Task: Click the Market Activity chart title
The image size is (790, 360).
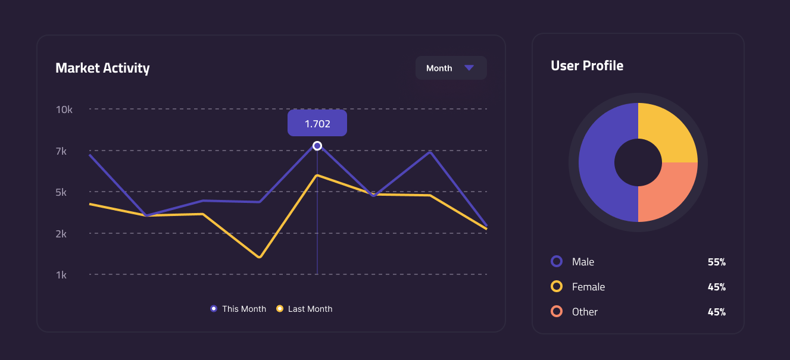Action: (102, 68)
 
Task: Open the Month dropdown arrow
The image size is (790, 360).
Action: (469, 68)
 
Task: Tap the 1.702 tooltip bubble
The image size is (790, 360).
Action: (317, 123)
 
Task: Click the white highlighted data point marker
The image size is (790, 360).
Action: (317, 146)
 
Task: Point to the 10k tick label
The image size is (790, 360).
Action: (64, 109)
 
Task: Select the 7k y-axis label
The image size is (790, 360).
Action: (61, 151)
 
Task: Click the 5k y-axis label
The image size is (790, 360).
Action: (61, 192)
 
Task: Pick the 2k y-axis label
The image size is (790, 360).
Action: (61, 234)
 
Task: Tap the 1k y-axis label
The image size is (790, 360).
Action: (61, 275)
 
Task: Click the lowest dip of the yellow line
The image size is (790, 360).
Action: (259, 257)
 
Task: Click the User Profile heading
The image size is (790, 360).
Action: (587, 65)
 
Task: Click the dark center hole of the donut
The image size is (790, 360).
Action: (638, 162)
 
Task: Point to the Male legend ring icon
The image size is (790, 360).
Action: (557, 261)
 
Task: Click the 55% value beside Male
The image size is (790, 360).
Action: (717, 262)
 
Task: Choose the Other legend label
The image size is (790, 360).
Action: (585, 312)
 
